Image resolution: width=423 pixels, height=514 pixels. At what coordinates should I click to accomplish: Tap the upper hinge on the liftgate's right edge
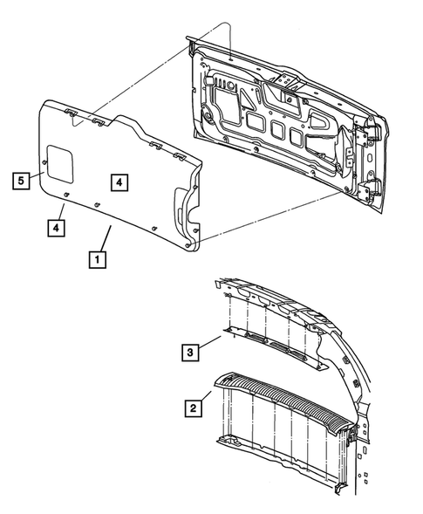tap(363, 140)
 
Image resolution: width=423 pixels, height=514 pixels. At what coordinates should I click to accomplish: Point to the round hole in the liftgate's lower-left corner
tap(209, 116)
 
